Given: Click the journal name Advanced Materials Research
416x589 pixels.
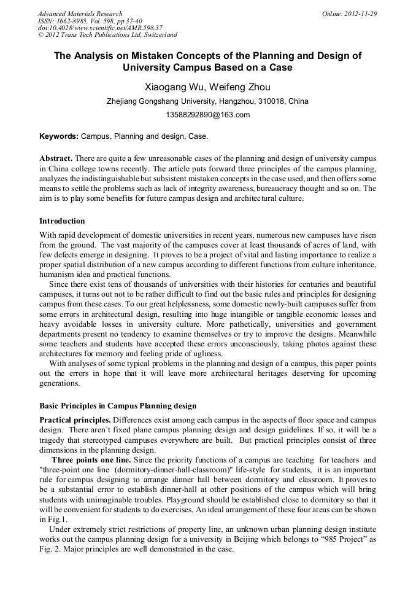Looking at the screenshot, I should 80,14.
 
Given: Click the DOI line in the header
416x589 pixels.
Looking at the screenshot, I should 99,28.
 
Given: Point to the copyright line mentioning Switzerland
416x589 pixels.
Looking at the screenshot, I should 107,35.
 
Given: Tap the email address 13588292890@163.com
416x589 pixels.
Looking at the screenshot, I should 207,115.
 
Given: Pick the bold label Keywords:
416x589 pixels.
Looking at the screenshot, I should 58,136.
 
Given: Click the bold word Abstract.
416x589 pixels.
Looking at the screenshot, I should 56,158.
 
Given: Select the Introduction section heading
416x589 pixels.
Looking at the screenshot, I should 62,220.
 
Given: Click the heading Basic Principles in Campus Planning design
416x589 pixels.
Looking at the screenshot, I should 118,406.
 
